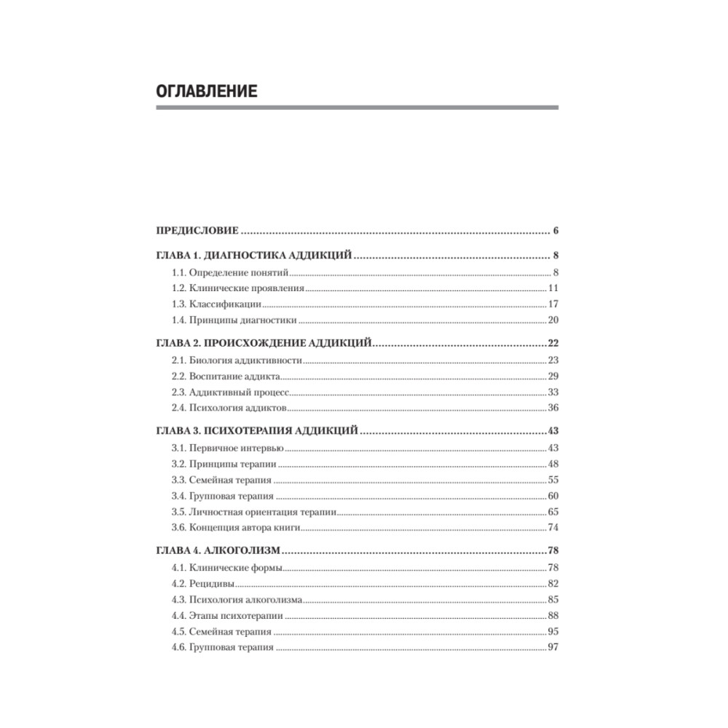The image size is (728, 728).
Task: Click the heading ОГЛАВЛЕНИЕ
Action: coord(207,92)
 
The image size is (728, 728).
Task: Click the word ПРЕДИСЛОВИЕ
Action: coord(197,232)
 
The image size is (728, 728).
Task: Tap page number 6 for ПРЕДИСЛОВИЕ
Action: coord(555,232)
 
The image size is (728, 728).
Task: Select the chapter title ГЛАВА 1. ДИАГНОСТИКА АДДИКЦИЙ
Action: coord(255,257)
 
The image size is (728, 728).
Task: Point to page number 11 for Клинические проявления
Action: coord(553,288)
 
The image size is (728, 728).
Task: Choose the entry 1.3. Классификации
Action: coord(216,304)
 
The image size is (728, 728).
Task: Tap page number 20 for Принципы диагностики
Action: coord(553,320)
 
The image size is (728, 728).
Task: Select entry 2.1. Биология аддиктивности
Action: coord(237,360)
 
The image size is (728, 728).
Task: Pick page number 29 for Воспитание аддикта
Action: coord(553,376)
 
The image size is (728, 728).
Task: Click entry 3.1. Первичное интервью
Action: coord(228,448)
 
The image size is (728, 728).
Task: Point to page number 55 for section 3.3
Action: coord(553,480)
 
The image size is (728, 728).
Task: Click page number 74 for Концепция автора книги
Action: coord(553,527)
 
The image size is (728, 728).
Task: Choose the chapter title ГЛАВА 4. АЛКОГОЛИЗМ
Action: coord(219,551)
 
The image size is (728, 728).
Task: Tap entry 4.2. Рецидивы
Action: coord(203,584)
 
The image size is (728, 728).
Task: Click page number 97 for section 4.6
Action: coord(553,647)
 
